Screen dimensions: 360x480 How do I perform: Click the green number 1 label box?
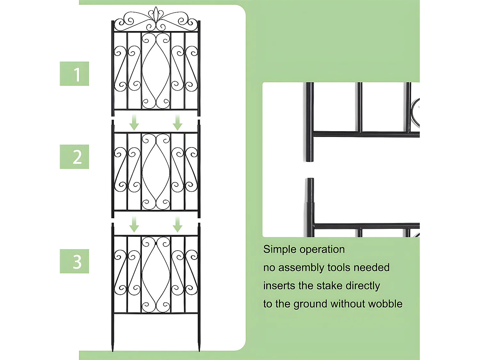[74, 74]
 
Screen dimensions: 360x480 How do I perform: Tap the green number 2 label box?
[74, 157]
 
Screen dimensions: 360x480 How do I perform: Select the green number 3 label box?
[74, 261]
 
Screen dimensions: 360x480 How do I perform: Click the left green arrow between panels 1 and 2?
[134, 123]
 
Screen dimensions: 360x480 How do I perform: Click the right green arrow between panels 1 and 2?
[178, 123]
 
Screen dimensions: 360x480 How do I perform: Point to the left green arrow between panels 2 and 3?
[134, 224]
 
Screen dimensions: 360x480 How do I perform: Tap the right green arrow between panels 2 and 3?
[178, 224]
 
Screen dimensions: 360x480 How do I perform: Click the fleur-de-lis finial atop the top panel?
[156, 15]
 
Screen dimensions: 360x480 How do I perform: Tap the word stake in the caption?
[331, 285]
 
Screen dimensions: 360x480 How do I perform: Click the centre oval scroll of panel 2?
[156, 171]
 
